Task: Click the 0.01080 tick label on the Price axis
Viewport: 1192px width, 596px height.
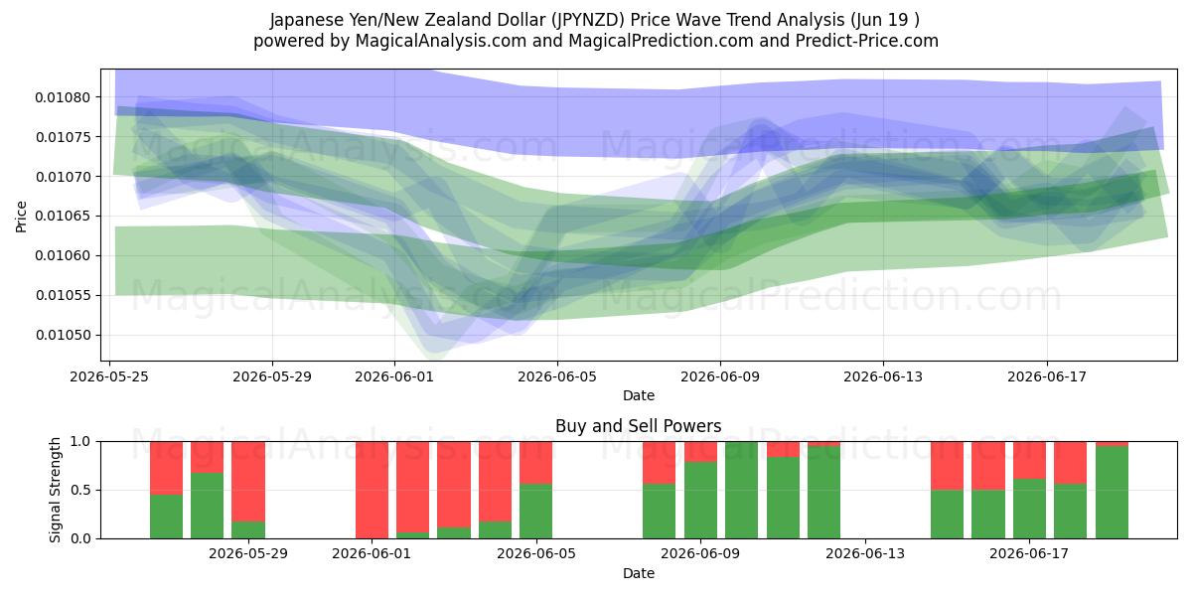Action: pos(63,97)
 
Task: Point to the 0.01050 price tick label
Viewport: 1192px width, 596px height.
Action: pos(63,336)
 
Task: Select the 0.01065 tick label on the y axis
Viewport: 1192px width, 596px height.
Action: pos(63,217)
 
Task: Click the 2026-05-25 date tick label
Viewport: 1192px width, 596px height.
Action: pos(109,376)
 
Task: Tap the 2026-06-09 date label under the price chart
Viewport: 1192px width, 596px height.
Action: pos(720,376)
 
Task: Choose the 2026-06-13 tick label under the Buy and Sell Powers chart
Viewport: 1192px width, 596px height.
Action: pos(865,554)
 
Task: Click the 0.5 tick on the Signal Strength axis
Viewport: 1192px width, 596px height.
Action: pos(80,490)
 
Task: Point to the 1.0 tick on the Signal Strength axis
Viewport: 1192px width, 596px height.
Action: pos(80,442)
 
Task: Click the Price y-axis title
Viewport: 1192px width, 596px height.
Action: pos(21,217)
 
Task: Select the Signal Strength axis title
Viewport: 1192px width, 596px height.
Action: pos(55,490)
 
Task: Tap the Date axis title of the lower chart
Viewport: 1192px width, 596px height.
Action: pos(639,573)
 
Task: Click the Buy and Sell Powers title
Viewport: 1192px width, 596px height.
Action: pos(639,426)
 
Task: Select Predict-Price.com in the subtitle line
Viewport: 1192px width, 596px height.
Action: pos(867,41)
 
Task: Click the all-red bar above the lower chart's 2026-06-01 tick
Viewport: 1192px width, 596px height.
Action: pos(372,490)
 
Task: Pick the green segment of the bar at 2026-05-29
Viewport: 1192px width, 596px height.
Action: pos(248,530)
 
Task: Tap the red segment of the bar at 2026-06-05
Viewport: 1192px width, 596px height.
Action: pos(535,463)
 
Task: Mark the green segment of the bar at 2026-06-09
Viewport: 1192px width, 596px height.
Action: pos(700,501)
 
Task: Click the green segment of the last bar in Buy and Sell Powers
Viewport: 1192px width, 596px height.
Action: pos(1112,493)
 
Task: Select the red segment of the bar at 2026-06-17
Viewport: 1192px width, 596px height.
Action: pos(1029,460)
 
